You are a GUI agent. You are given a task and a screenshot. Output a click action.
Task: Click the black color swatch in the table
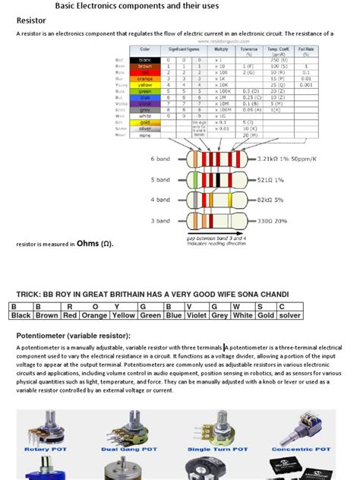[x=146, y=59]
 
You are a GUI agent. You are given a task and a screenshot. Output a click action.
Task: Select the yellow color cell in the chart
[x=146, y=86]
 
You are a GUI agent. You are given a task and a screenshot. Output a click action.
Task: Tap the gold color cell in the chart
[x=146, y=122]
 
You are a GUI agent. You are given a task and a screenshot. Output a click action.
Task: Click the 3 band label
[x=161, y=221]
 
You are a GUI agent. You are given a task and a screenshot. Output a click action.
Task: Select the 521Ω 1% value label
[x=270, y=180]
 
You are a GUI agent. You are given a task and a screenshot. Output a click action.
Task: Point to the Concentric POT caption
[x=301, y=450]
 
